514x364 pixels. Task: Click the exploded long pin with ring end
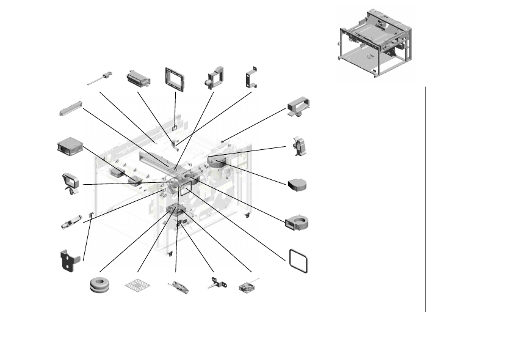98,78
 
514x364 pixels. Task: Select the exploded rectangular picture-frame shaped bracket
175,78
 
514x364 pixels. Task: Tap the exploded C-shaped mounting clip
250,78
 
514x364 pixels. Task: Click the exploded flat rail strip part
70,108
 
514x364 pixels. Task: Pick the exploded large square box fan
69,147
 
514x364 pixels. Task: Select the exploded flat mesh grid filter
136,285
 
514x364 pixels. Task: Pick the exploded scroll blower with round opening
297,221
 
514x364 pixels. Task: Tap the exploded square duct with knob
215,78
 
